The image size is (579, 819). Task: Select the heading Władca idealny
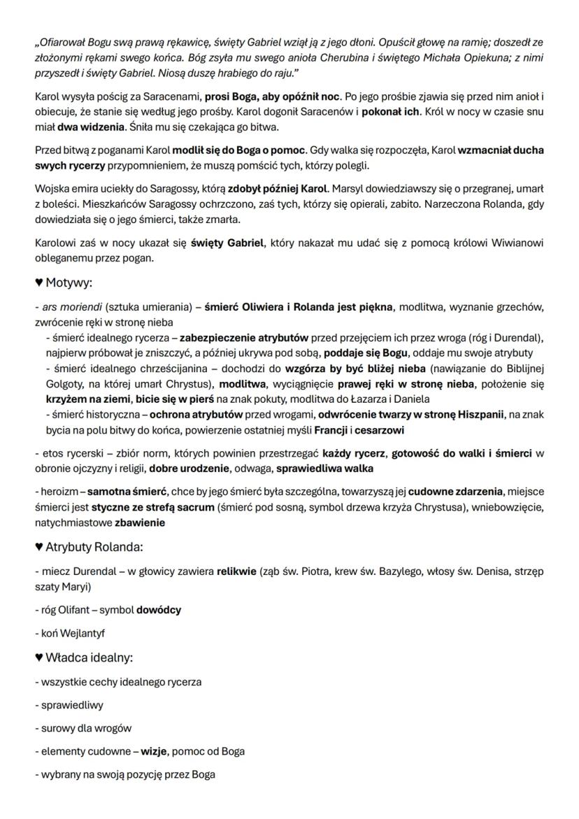point(89,657)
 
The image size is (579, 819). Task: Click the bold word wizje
point(154,751)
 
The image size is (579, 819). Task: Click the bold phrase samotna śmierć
point(124,492)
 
